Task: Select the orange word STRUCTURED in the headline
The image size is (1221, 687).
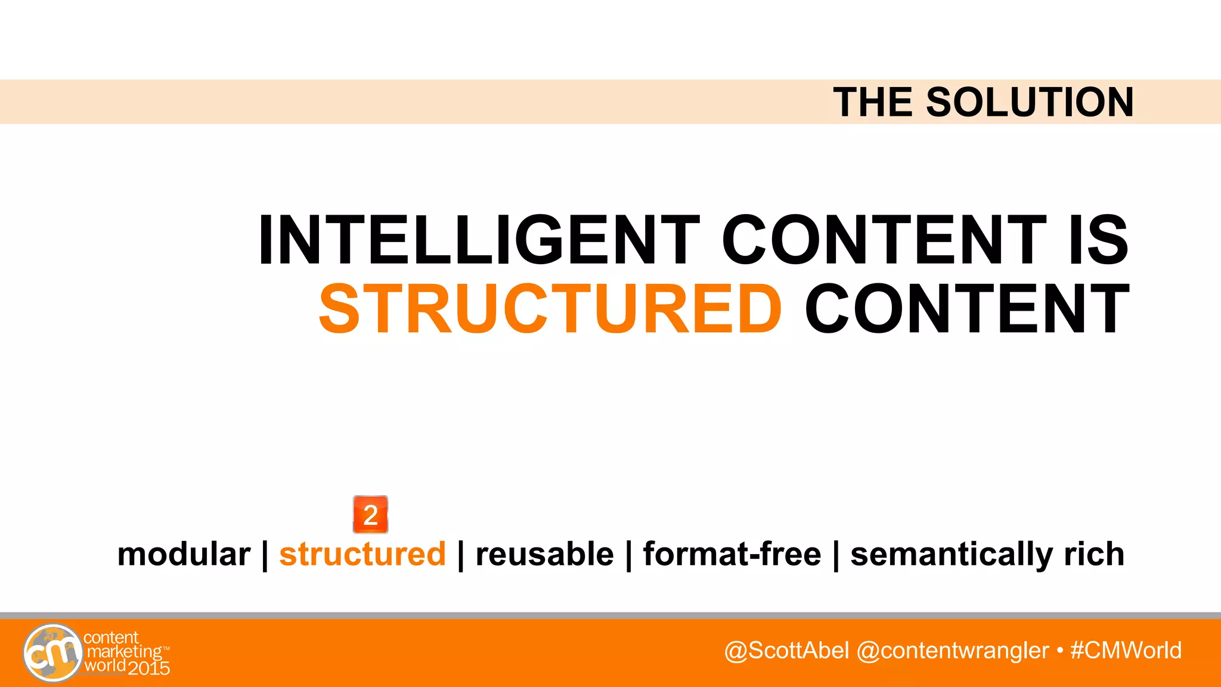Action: coord(550,310)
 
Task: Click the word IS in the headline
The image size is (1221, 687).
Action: coord(1098,240)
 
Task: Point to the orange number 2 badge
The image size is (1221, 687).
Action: coord(370,514)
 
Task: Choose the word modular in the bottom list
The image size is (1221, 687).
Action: coord(184,554)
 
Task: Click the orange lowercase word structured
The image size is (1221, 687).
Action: coord(362,554)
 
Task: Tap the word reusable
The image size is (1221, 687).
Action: coord(544,554)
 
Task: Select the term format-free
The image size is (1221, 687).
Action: coord(732,554)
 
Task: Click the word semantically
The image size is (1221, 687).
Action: coord(950,555)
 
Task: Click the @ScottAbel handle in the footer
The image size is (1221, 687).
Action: coord(786,650)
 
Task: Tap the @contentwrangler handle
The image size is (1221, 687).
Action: coord(952,650)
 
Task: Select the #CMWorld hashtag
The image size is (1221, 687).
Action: coord(1126,650)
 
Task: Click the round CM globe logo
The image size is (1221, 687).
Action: coord(52,652)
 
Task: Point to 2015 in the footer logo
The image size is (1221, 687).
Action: coord(149,668)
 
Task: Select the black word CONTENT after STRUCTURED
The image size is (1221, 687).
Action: coord(967,310)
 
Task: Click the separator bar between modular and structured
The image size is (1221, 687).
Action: coord(265,555)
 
